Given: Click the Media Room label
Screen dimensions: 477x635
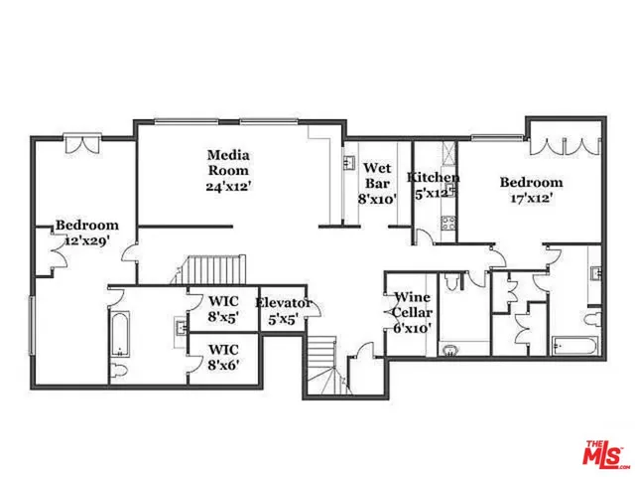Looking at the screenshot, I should [227, 170].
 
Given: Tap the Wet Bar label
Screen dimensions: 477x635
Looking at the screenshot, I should [377, 183].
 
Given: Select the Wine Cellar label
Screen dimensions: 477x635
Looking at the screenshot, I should [411, 312].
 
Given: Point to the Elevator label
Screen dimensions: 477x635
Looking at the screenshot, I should [284, 311].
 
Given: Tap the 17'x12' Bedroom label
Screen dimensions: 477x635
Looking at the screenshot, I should [531, 189].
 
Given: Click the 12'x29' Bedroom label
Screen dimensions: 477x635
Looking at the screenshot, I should [86, 233].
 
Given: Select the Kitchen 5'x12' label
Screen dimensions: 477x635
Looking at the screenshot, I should [434, 185].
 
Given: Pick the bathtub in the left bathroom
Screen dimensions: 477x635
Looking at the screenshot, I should [118, 334].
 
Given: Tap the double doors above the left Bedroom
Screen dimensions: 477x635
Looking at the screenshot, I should [80, 145].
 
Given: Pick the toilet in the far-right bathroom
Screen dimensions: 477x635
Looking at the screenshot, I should [592, 319].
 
